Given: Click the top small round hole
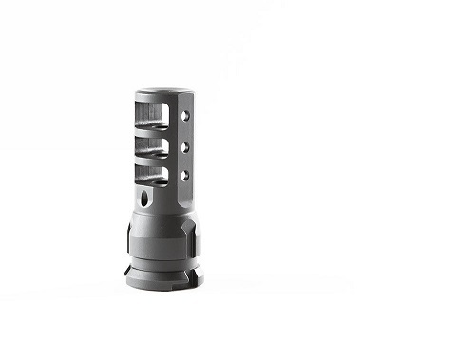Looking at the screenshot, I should [185, 116].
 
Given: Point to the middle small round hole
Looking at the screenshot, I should [185, 147].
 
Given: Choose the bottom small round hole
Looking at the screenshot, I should [185, 178].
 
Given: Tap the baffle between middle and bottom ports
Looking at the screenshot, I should [156, 162].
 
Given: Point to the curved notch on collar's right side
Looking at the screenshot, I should [197, 237].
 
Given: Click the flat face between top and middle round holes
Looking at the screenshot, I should [185, 132].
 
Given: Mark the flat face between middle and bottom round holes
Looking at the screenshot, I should [185, 162].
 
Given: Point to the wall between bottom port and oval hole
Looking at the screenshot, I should [152, 188].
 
